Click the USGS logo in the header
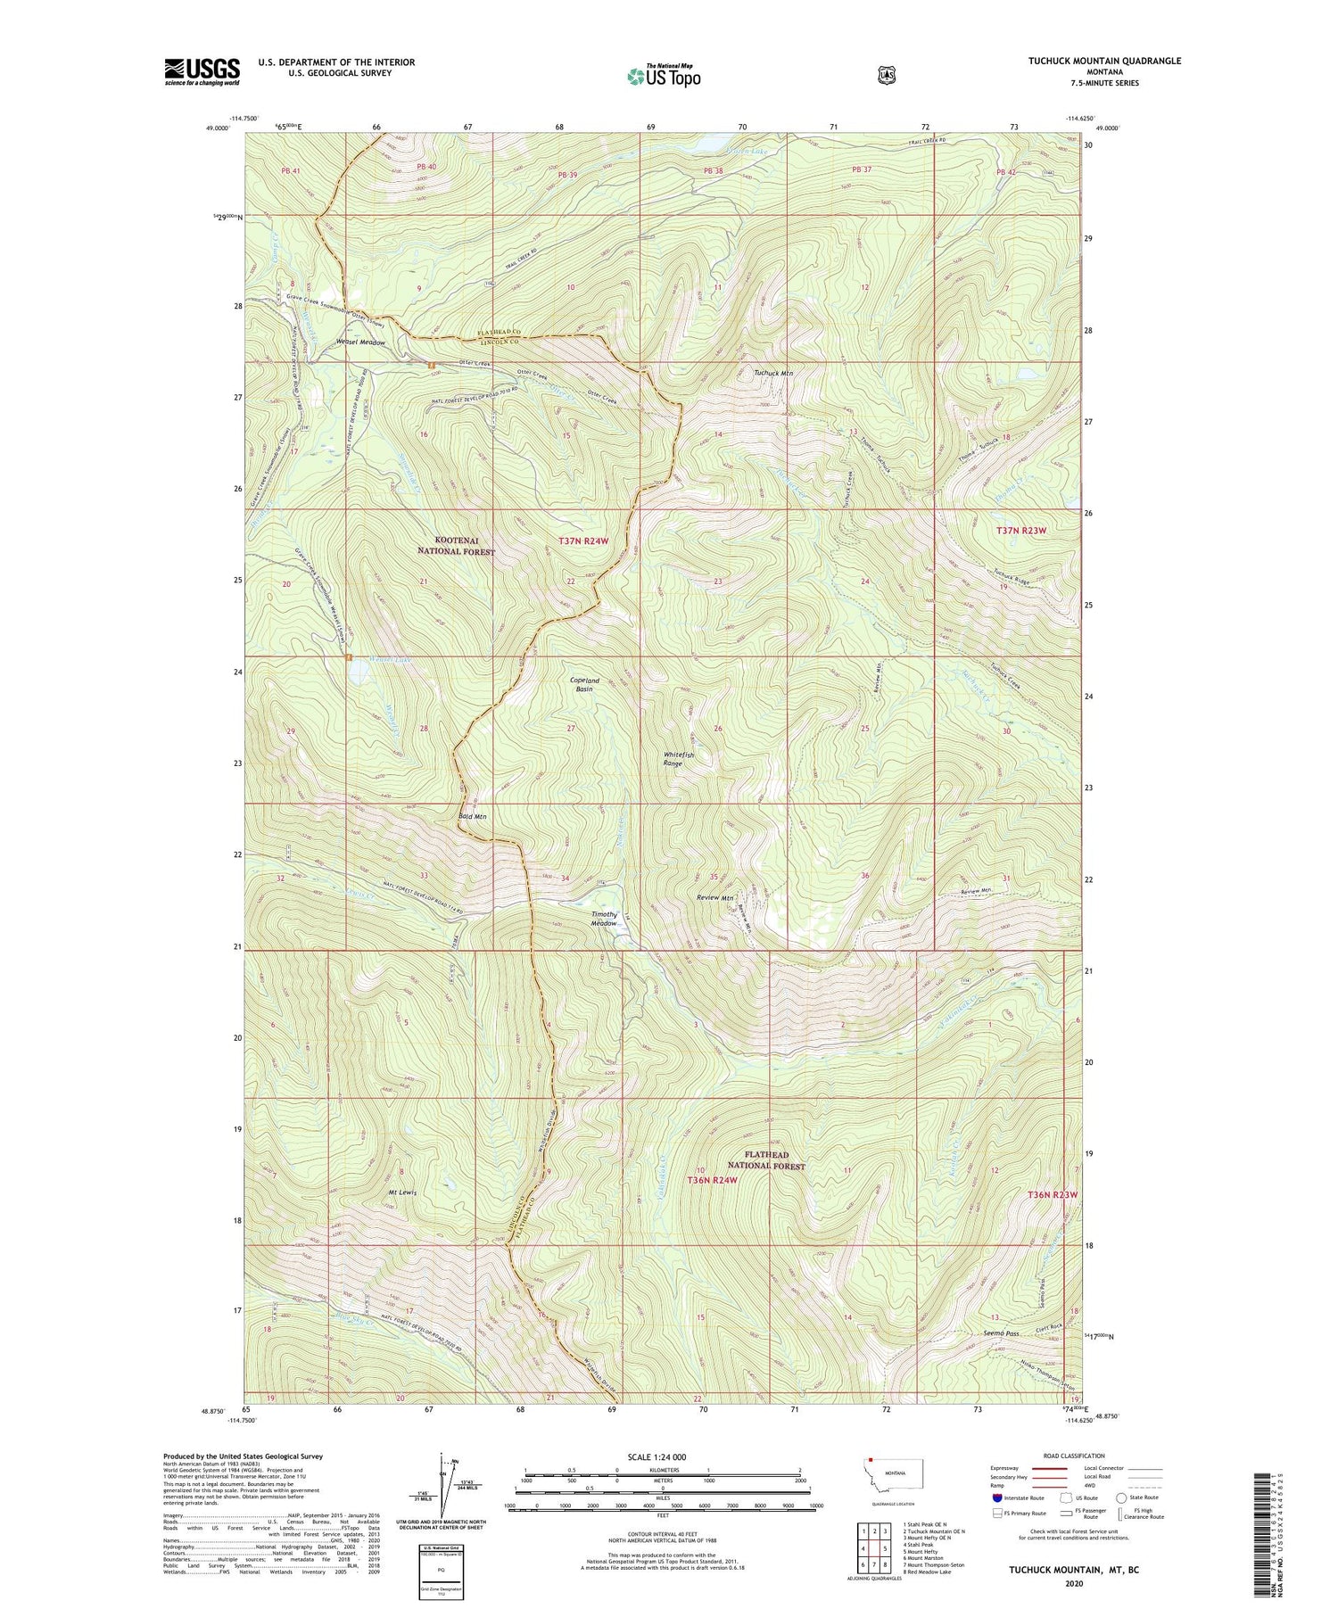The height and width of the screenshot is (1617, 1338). click(x=202, y=71)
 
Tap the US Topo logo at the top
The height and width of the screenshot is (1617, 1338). click(x=665, y=76)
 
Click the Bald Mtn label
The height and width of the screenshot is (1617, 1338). click(x=472, y=816)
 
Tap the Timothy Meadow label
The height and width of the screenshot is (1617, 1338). click(x=605, y=919)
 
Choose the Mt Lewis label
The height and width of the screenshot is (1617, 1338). click(x=401, y=1192)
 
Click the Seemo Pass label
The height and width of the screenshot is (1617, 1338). click(x=1000, y=1333)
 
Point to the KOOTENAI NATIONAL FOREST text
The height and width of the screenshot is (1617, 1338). click(x=456, y=546)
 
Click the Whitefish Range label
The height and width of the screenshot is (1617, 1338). click(x=678, y=759)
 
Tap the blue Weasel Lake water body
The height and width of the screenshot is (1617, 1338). click(x=359, y=675)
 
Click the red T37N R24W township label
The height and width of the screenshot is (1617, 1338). click(x=583, y=540)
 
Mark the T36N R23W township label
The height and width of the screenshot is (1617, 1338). click(x=1053, y=1193)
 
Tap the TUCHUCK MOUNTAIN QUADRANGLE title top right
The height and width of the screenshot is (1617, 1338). click(x=1091, y=61)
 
